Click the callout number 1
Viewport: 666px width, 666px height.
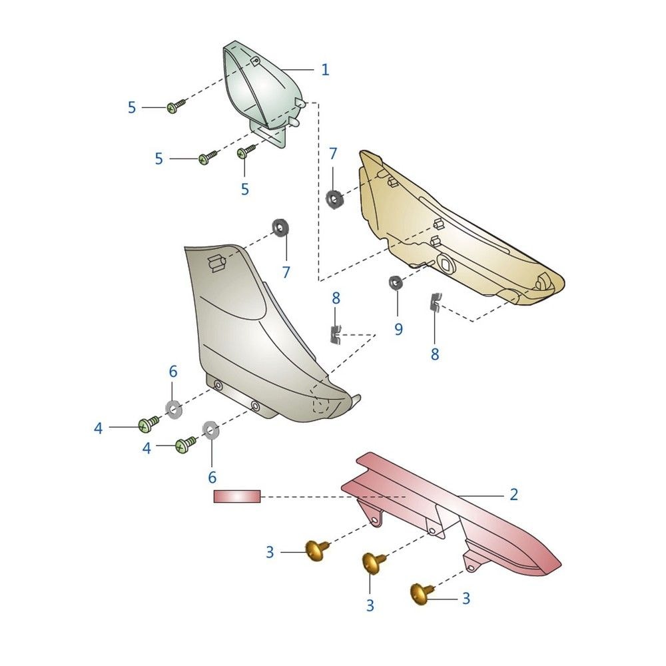click(x=325, y=70)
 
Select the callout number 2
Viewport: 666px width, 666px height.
click(x=513, y=494)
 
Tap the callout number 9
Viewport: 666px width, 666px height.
click(x=398, y=329)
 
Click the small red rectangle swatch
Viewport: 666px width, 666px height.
click(x=237, y=496)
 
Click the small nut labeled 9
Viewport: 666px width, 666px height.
click(x=396, y=282)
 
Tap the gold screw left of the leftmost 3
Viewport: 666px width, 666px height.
click(x=317, y=551)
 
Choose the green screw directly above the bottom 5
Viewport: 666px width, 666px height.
click(x=246, y=152)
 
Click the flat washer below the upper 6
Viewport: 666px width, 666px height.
click(x=173, y=410)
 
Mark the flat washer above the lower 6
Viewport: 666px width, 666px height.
click(x=210, y=430)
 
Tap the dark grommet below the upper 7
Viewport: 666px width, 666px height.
click(x=334, y=199)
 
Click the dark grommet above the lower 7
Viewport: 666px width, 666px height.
click(x=280, y=228)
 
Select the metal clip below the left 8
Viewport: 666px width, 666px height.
click(x=335, y=335)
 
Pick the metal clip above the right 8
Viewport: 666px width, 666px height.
click(x=434, y=302)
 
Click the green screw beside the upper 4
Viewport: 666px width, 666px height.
click(x=149, y=424)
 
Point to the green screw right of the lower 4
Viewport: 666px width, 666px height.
click(x=186, y=444)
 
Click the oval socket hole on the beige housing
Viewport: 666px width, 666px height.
click(x=446, y=264)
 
